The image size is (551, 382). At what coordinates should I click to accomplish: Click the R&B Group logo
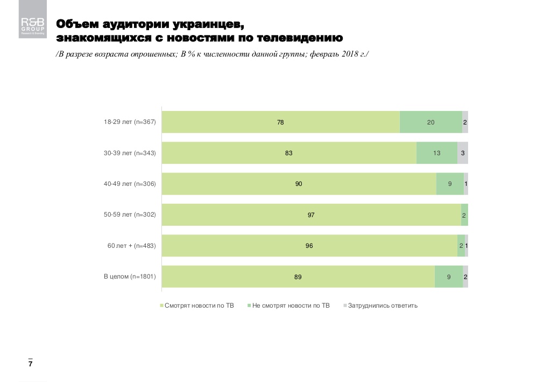tap(32, 25)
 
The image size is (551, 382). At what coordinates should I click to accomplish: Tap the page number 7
tap(31, 365)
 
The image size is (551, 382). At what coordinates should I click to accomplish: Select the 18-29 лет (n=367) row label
tap(130, 122)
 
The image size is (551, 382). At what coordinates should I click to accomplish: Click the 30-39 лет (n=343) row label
tap(130, 153)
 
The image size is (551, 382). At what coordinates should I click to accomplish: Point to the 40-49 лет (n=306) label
tap(130, 184)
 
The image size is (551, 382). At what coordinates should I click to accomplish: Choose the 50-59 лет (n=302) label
tap(130, 215)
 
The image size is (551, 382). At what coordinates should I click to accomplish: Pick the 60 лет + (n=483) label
tap(131, 246)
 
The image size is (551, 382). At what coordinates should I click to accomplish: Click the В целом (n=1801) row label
tap(130, 277)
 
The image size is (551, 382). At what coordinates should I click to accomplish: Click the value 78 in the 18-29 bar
tap(280, 122)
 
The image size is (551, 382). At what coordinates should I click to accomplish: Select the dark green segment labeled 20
tap(430, 122)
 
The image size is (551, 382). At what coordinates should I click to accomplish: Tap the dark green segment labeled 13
tap(436, 153)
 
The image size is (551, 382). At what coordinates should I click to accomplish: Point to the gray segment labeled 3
tap(463, 153)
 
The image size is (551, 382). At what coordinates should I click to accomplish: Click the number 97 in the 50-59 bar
tap(311, 215)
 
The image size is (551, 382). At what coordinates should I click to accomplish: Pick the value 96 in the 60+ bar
tap(309, 246)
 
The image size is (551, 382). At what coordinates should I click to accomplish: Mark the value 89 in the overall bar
tap(298, 277)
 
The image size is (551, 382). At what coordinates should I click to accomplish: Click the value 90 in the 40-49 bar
tap(299, 184)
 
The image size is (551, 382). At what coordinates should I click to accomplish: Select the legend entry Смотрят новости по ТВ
tap(198, 305)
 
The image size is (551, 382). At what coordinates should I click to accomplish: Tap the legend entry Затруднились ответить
tap(382, 305)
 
